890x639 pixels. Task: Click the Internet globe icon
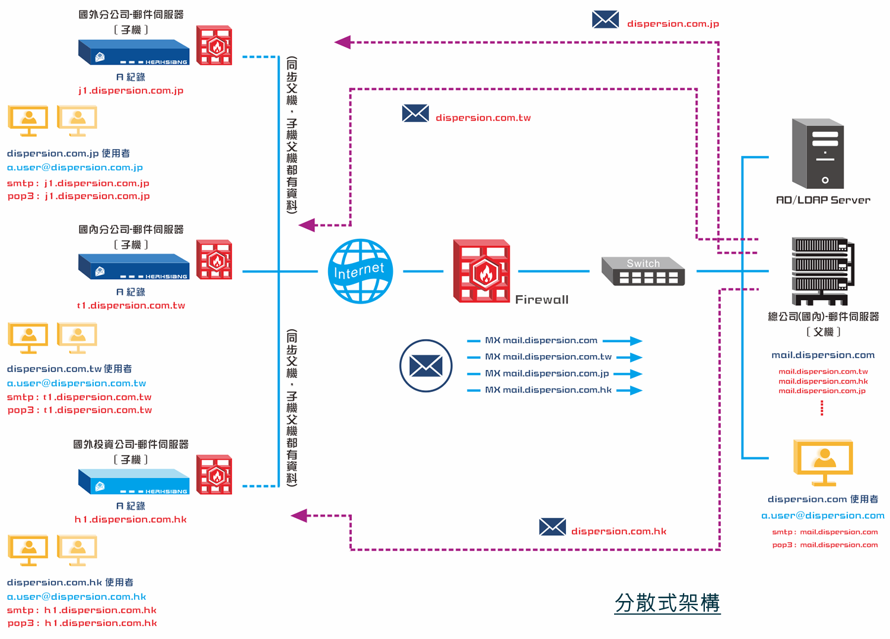[x=360, y=271]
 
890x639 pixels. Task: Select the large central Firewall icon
[x=481, y=271]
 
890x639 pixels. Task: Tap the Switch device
[x=643, y=271]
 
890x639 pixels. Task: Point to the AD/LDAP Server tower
[x=818, y=154]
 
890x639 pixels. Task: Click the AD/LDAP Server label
[x=823, y=200]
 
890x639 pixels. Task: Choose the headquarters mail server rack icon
[x=822, y=270]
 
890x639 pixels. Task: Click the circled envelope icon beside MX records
[x=426, y=366]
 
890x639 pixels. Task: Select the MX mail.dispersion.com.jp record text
[x=547, y=374]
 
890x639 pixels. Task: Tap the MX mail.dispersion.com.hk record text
[x=548, y=390]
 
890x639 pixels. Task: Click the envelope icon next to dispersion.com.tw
[x=415, y=113]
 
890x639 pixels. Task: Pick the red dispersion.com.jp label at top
[x=673, y=24]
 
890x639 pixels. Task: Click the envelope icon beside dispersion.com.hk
[x=552, y=527]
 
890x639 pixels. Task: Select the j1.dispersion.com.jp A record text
[x=131, y=90]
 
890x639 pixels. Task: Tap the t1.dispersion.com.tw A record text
[x=131, y=305]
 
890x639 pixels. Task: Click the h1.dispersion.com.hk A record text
[x=131, y=519]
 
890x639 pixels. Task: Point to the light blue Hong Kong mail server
[x=134, y=481]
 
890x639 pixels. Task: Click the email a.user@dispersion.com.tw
[x=77, y=383]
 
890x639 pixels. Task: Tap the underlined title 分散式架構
[x=667, y=603]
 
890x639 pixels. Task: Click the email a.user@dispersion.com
[x=823, y=515]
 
